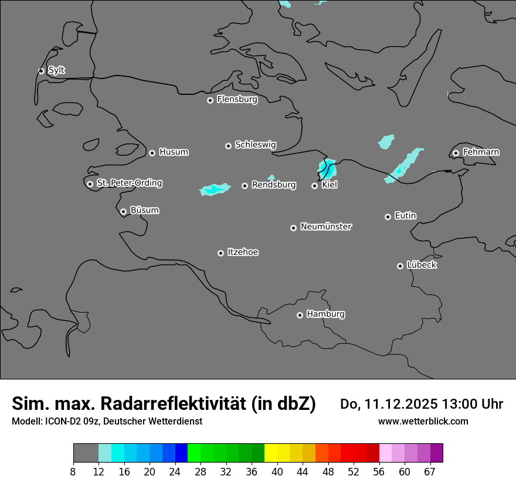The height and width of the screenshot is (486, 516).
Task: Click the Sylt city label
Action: coord(56,70)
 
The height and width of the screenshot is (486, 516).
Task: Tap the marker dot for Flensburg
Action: coord(210,100)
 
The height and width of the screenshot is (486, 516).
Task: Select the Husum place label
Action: coord(174,152)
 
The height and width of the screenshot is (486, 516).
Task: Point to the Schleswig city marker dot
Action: coord(228,146)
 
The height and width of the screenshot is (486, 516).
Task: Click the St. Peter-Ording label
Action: coord(129,183)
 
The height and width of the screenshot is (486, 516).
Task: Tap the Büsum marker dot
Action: coord(123,211)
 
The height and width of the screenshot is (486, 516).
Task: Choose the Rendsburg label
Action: coord(273,185)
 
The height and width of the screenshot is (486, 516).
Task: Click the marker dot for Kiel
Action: coord(314,186)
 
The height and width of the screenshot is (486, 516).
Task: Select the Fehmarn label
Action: coord(481,152)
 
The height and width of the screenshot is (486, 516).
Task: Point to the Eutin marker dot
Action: coord(388,217)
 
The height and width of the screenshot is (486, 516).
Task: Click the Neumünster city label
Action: coord(326,227)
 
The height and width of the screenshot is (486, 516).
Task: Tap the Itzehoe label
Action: coord(243,252)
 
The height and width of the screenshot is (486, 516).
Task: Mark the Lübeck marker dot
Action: coord(400,266)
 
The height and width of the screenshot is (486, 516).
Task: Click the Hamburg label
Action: coord(325,314)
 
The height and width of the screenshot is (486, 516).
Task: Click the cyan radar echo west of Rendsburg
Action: coord(215,190)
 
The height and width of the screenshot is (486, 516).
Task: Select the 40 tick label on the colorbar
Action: coord(277,472)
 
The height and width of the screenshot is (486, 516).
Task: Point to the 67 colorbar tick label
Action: coord(430,472)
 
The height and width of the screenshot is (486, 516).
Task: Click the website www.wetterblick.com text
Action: coord(423,422)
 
